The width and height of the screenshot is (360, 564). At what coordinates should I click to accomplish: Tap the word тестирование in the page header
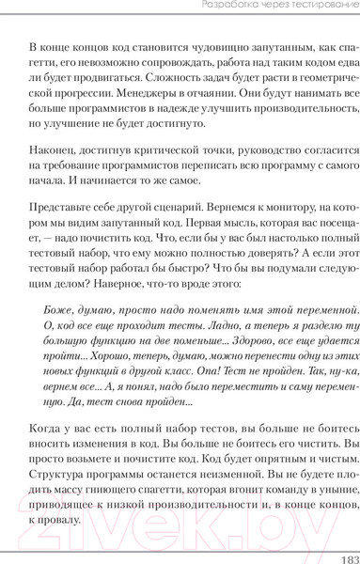point(312,8)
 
